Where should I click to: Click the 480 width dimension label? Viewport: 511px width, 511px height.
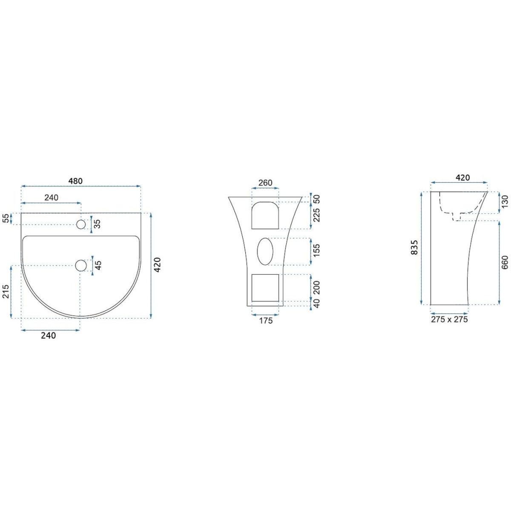[75, 181]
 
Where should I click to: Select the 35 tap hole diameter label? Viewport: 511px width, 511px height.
[98, 224]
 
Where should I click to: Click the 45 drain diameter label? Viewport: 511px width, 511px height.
[98, 265]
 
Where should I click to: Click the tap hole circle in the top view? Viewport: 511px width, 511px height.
[81, 224]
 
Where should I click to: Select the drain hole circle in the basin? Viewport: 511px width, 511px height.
[81, 265]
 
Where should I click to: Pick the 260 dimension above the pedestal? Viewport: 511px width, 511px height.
[265, 183]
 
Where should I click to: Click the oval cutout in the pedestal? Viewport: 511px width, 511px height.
[265, 251]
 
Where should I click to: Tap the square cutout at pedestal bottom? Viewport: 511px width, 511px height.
[265, 288]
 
